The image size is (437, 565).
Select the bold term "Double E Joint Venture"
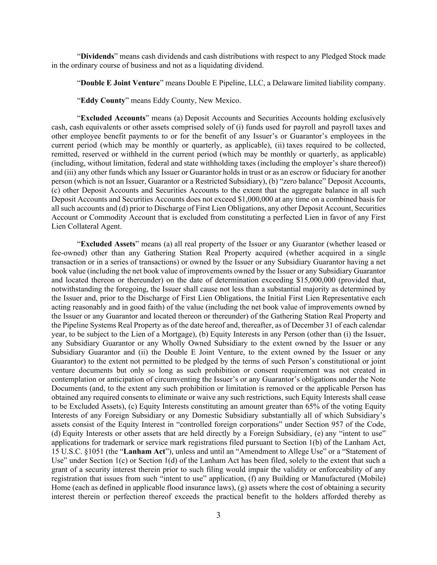pos(120,83)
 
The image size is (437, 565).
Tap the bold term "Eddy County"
pos(103,101)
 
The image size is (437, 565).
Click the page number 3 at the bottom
pos(218,515)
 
